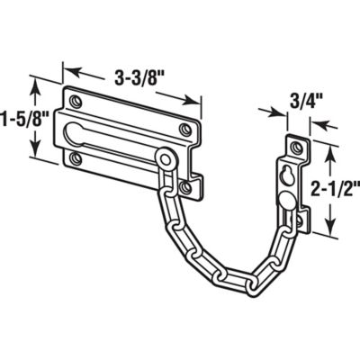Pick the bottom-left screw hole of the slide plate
[x=76, y=158]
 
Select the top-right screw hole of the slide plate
[x=185, y=131]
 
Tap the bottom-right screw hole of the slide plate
[x=185, y=187]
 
